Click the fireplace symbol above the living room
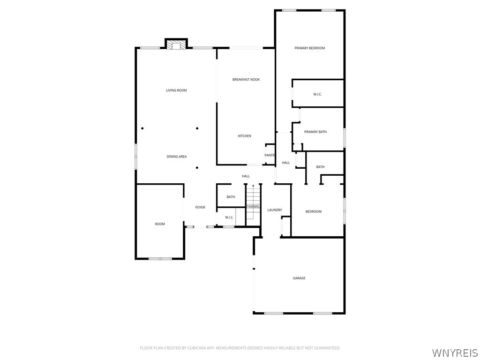click(x=176, y=45)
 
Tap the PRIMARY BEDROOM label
click(x=309, y=48)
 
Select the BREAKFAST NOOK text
click(x=246, y=80)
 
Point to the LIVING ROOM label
click(x=176, y=90)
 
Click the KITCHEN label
click(x=245, y=136)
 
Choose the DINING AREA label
click(x=177, y=157)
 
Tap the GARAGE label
click(x=299, y=278)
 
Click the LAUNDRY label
click(x=275, y=210)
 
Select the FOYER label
click(x=200, y=207)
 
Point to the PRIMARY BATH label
click(x=315, y=132)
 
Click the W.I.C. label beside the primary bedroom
click(x=317, y=95)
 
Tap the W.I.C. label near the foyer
click(x=229, y=217)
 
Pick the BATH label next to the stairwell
click(x=231, y=197)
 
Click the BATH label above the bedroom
click(x=320, y=167)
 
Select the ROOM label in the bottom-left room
click(x=160, y=224)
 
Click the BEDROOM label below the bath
click(x=314, y=212)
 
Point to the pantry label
click(x=270, y=155)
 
